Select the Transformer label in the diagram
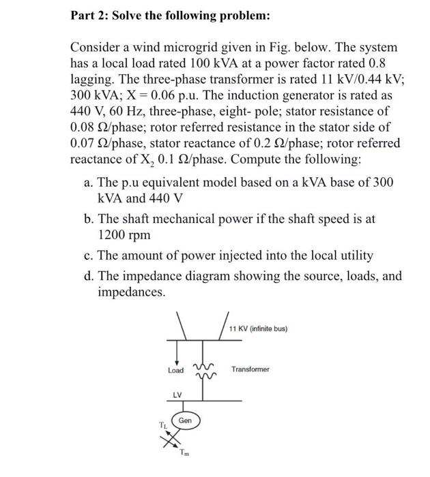pos(250,369)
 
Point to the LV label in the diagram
pos(176,395)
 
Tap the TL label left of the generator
pos(162,426)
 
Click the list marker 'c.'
pos(87,256)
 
